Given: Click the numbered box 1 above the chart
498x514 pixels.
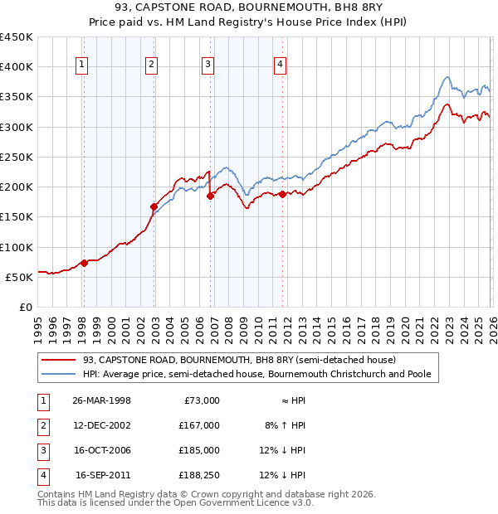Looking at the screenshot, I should [x=83, y=66].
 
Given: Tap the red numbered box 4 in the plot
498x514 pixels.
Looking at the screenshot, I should [x=281, y=66].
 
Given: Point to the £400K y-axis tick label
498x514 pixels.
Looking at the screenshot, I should [x=17, y=66].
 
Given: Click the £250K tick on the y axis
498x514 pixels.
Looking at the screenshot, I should [x=17, y=157].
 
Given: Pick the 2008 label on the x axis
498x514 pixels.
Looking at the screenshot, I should [x=228, y=322].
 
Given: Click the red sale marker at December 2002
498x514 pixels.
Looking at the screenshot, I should [x=154, y=206].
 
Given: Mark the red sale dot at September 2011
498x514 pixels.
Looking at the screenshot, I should [x=282, y=194].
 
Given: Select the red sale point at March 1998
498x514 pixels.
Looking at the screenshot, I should [x=84, y=263].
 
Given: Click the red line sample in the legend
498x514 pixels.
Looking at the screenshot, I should [x=60, y=360].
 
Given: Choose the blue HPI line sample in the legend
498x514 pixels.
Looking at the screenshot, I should [x=60, y=374].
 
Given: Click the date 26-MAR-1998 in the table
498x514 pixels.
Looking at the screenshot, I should [x=102, y=400].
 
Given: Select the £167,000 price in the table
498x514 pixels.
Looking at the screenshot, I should [x=200, y=425].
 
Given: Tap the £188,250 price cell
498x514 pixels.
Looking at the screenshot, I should [x=200, y=475].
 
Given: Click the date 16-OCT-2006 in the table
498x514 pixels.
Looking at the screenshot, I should [x=102, y=450].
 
